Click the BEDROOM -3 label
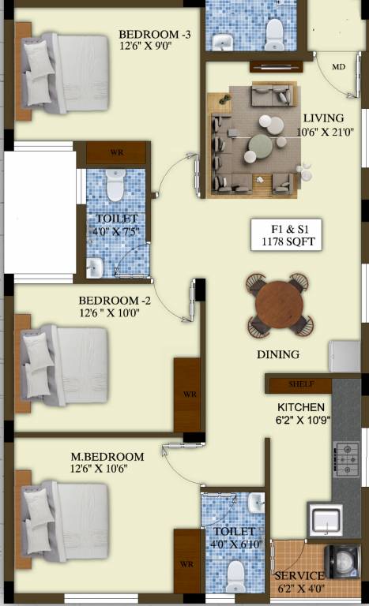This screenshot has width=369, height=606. (155, 35)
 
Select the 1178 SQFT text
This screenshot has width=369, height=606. (288, 241)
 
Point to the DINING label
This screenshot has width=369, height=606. (278, 355)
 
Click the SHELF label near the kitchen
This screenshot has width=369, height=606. (301, 384)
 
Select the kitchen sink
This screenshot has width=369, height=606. (326, 520)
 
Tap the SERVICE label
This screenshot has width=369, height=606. (299, 576)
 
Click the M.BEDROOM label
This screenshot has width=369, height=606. (107, 457)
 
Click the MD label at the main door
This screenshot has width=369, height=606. (338, 67)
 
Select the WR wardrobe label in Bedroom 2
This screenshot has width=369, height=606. (189, 393)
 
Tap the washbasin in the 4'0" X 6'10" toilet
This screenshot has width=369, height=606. (255, 503)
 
